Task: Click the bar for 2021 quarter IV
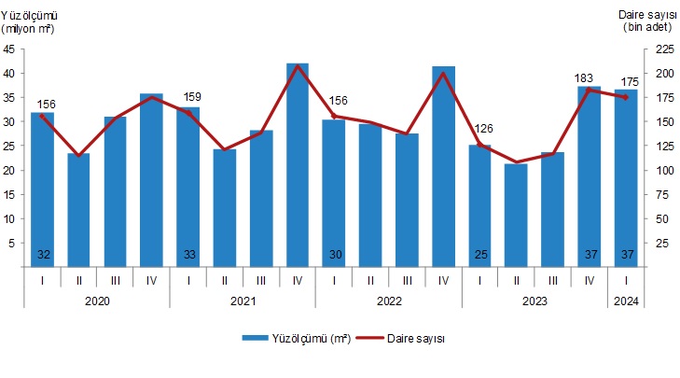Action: pos(298,165)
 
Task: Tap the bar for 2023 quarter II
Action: pos(516,215)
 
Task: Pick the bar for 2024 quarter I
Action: pos(626,177)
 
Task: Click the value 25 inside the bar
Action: pos(479,255)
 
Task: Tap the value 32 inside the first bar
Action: pos(43,255)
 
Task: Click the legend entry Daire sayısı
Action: pos(409,339)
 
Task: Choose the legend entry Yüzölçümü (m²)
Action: pos(297,339)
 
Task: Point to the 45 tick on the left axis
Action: pos(11,49)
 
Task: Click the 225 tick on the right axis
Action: pos(660,49)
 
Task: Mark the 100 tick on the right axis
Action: pos(660,170)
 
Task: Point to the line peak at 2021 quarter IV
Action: pos(298,65)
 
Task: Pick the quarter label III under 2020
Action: pos(115,278)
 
